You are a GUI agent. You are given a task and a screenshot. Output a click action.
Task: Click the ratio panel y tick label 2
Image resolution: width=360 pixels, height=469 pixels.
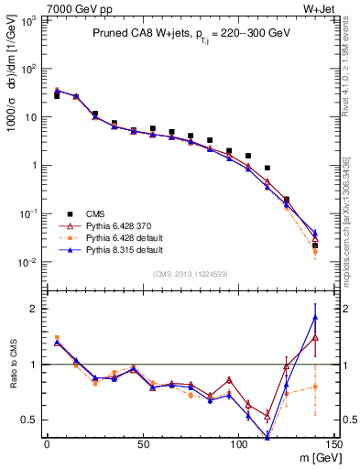tap(33, 309)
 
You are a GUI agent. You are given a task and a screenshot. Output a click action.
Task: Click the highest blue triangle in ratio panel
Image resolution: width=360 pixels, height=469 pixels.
tap(315, 318)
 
